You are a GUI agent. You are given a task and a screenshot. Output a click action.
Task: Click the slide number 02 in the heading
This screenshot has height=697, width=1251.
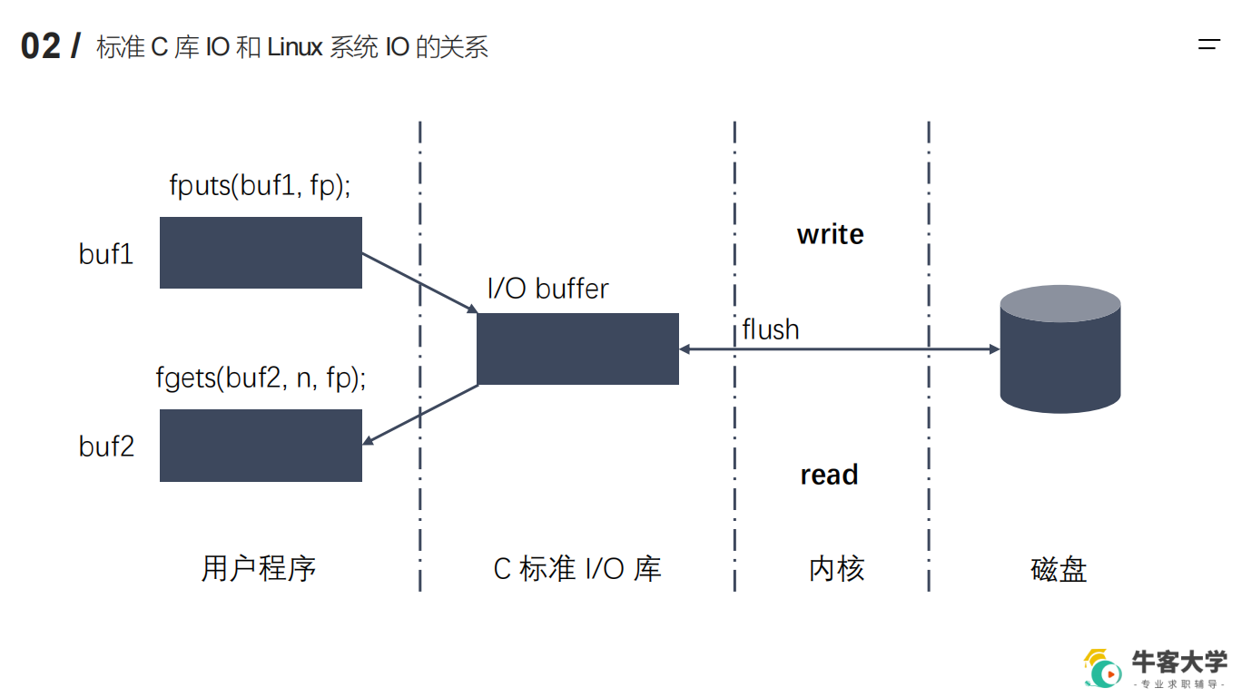[x=41, y=46]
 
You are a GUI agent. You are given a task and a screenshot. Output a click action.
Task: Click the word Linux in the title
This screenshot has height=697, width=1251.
[x=295, y=47]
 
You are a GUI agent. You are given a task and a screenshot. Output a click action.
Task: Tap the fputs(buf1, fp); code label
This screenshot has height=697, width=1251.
[x=260, y=185]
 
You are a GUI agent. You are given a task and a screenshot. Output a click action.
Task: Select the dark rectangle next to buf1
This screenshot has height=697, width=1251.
[x=261, y=252]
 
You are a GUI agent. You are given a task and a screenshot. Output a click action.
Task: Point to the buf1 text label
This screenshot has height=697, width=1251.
[x=106, y=254]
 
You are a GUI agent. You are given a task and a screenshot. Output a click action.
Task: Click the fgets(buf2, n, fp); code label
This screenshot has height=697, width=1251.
[x=261, y=378]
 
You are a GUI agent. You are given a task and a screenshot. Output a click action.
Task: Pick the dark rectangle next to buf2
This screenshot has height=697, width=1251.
[x=261, y=445]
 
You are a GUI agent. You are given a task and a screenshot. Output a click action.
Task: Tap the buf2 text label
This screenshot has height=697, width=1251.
[x=106, y=446]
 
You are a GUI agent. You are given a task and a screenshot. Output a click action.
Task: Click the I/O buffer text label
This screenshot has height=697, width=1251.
[x=547, y=289]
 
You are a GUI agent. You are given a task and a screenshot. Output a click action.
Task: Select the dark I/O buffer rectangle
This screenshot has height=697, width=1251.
[x=577, y=348]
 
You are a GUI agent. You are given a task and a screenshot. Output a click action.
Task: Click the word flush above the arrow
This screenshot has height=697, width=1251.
[x=771, y=329]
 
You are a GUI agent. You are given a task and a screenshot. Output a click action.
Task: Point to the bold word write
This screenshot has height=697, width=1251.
[x=830, y=234]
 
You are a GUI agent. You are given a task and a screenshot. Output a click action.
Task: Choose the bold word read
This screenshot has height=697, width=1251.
[x=829, y=475]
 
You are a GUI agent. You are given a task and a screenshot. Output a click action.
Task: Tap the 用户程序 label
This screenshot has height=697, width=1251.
[x=259, y=569]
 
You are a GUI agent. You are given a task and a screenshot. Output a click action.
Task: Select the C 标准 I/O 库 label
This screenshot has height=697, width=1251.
[x=577, y=569]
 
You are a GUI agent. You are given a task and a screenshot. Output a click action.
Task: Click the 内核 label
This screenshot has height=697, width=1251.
[x=836, y=569]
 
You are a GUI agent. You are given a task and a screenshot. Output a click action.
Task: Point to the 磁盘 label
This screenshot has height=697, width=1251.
[x=1059, y=570]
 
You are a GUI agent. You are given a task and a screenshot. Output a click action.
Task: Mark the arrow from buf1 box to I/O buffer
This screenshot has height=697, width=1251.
[x=419, y=284]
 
